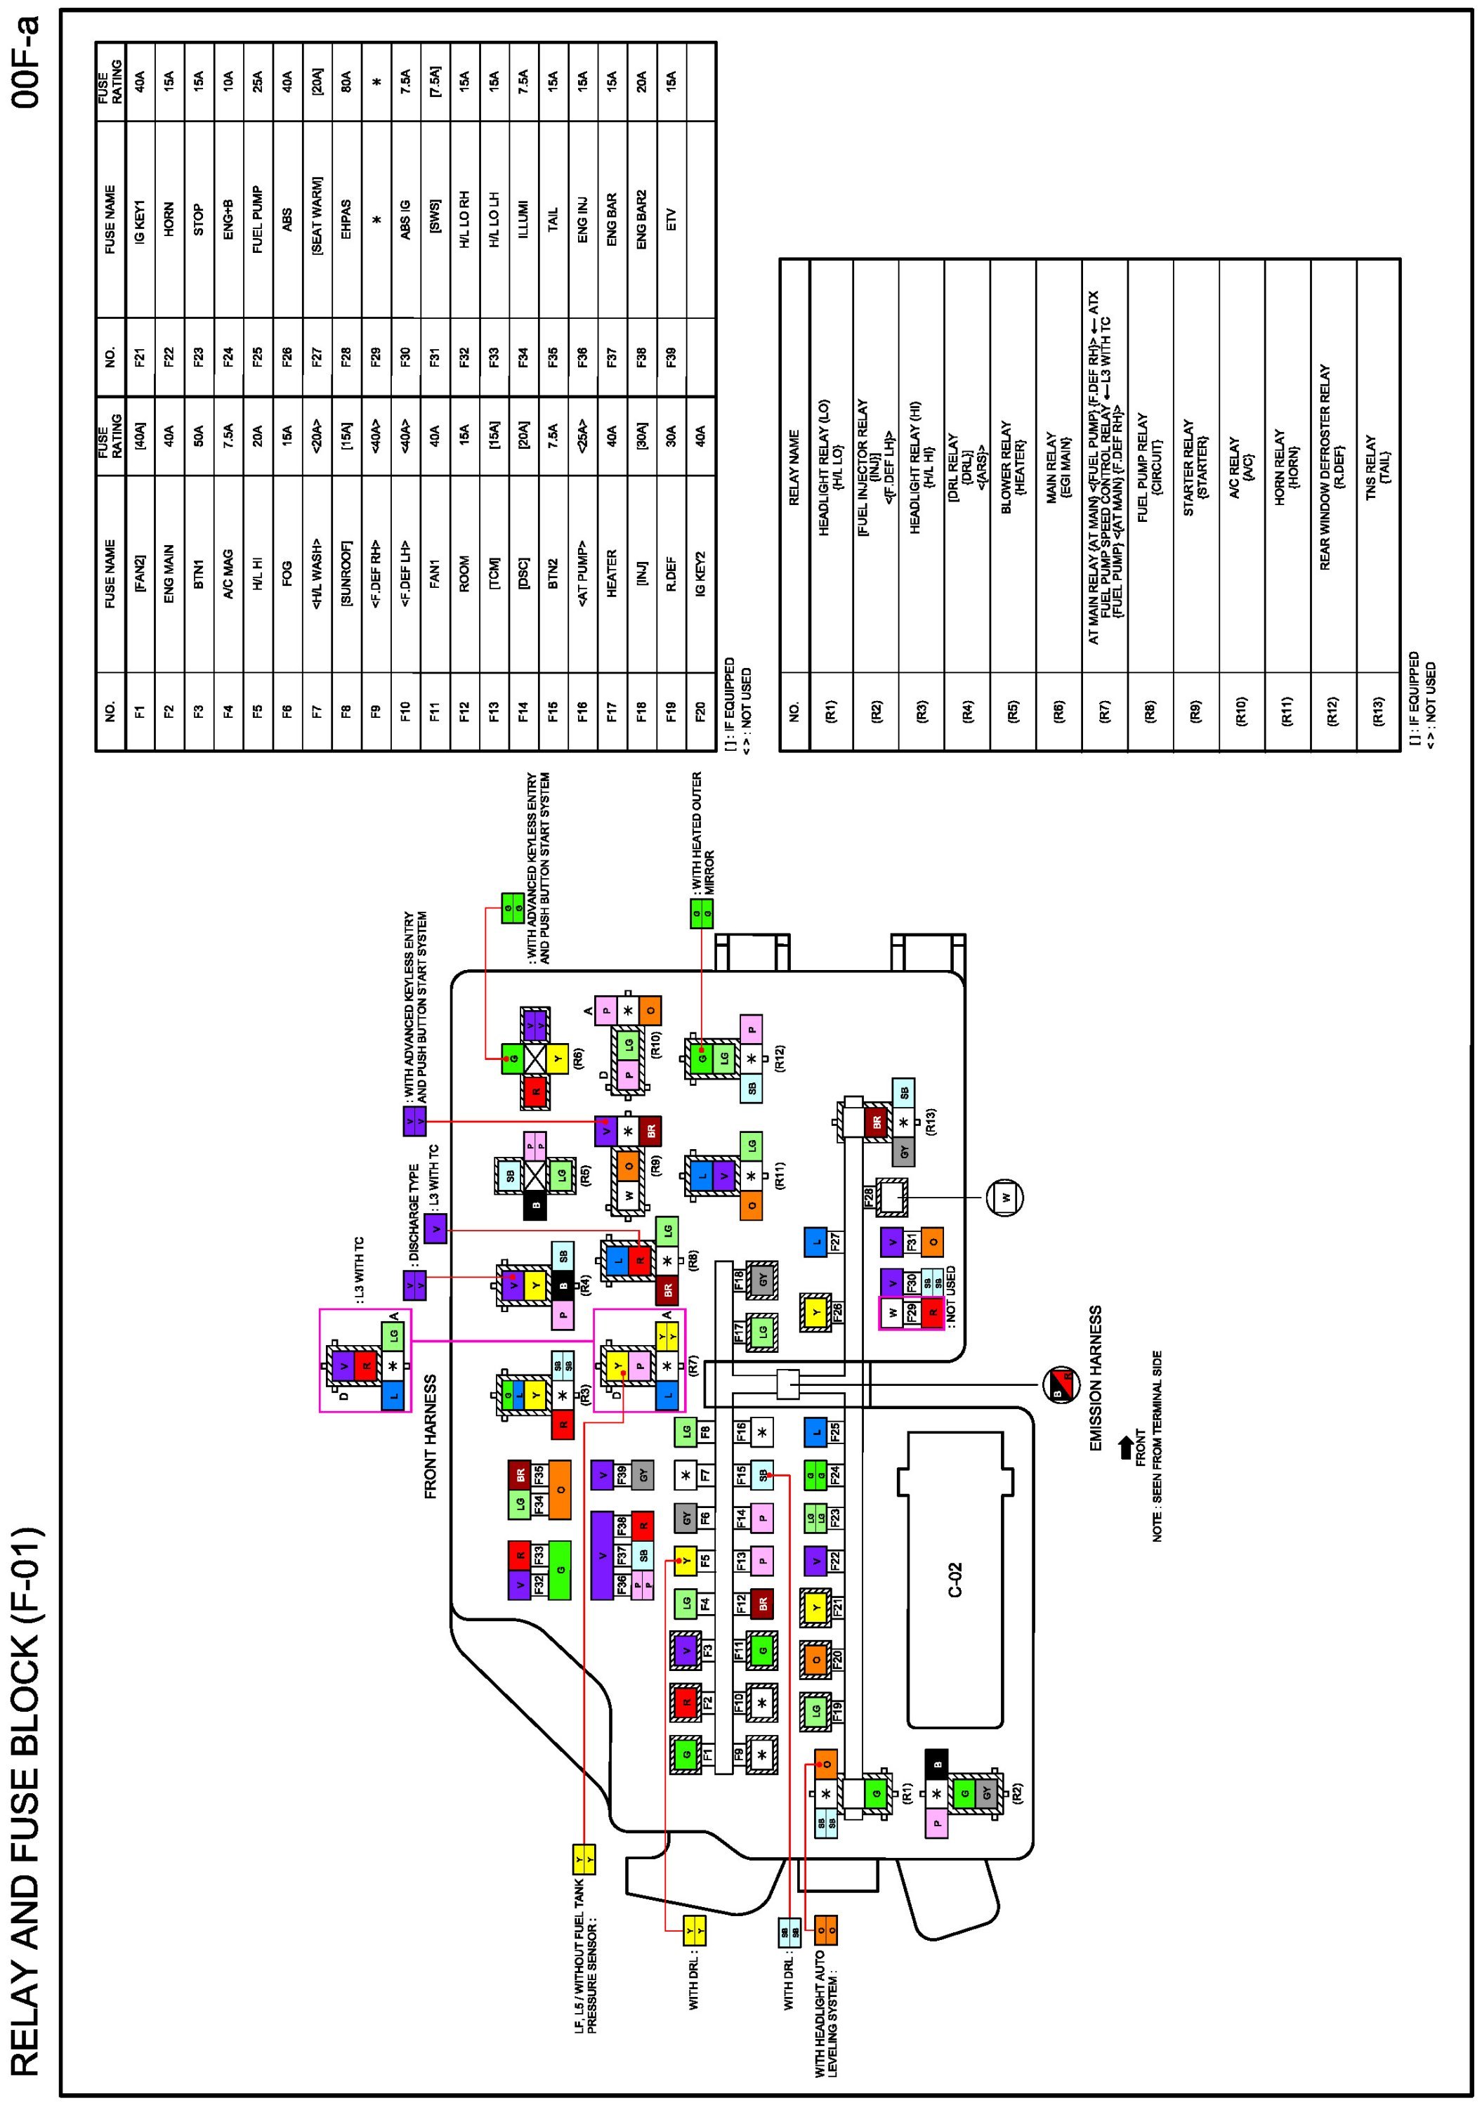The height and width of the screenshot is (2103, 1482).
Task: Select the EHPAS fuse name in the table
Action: (346, 219)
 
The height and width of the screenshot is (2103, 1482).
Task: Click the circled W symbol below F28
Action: (1006, 1197)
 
